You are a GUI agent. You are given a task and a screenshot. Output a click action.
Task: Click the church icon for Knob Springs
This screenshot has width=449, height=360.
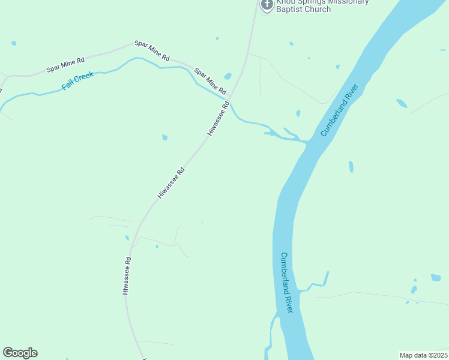(267, 4)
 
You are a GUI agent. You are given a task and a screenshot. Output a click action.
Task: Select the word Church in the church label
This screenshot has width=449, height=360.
(319, 9)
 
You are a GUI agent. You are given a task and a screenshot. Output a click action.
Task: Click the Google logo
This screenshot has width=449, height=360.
(20, 353)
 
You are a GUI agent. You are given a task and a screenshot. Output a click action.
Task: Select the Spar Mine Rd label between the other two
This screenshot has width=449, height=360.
(152, 51)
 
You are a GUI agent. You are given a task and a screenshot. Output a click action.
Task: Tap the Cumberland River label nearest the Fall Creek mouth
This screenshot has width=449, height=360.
(339, 110)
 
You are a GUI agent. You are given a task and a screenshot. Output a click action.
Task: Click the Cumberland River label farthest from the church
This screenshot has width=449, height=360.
(286, 282)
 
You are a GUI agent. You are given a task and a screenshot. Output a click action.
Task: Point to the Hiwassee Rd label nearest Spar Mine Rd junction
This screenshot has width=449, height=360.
(218, 118)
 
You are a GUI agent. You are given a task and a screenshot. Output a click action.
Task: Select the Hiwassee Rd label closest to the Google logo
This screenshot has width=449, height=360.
(127, 276)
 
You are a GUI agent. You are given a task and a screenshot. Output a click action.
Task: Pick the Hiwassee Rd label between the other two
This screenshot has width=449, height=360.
(171, 183)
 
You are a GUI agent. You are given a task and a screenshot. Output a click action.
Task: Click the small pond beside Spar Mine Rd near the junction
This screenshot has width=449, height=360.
(228, 76)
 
